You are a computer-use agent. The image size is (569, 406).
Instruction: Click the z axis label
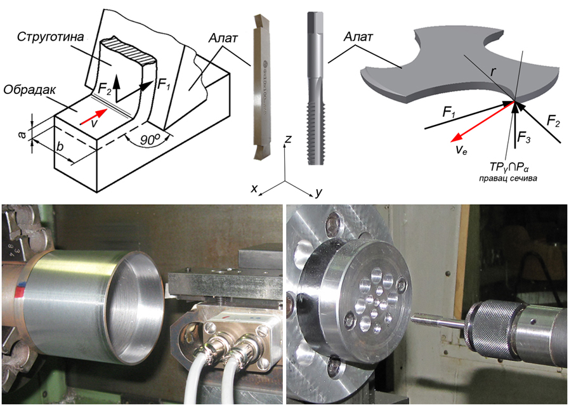[x=288, y=138]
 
